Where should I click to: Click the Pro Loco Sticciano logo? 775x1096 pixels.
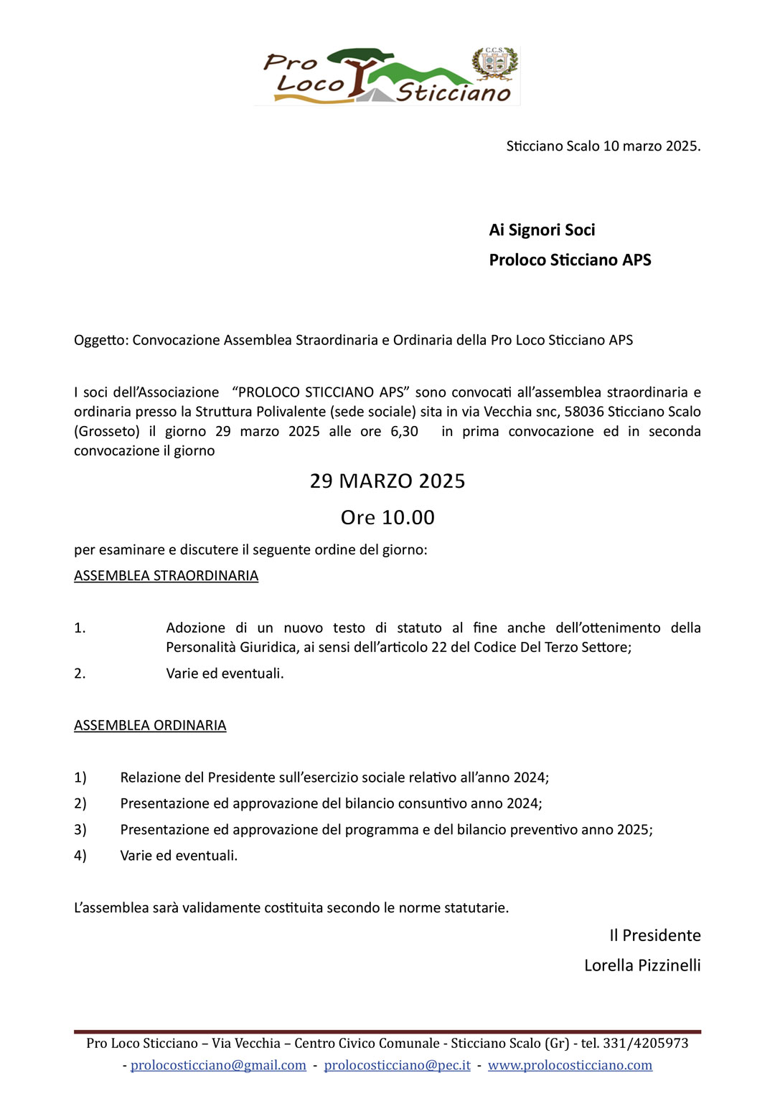pos(387,77)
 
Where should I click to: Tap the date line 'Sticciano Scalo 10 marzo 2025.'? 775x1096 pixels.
pos(603,146)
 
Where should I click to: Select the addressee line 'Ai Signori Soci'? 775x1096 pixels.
pos(542,230)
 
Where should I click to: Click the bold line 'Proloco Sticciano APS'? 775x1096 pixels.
pos(570,260)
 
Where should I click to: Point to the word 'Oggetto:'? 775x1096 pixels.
pos(101,341)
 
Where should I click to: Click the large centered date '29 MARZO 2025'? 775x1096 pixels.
pos(387,481)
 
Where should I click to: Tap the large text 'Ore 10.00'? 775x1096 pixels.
pos(387,518)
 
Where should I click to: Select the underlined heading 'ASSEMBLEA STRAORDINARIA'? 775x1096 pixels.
pos(166,576)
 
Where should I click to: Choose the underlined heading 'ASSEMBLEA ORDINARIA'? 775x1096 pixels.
pos(150,726)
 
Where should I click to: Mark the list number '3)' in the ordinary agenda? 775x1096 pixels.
pos(80,830)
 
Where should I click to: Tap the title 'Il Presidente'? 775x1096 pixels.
pos(654,936)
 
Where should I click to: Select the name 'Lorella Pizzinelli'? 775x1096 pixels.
pos(642,966)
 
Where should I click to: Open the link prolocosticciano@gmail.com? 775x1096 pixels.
pos(218,1066)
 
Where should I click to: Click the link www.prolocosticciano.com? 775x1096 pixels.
pos(570,1066)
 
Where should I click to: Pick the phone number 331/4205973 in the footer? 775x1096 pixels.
pos(645,1044)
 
